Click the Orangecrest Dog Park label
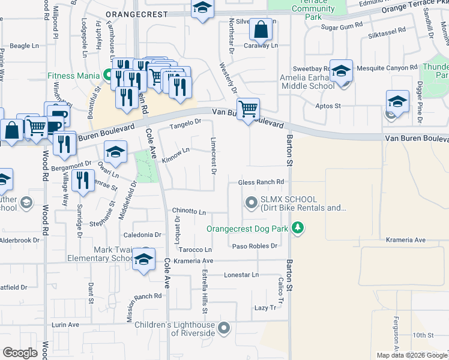(247, 229)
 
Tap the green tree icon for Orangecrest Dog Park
(297, 228)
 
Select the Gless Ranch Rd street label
(261, 182)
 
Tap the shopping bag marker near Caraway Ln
(262, 29)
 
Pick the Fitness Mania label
(74, 76)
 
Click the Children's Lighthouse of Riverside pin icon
(224, 328)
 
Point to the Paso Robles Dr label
(255, 246)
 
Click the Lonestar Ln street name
(241, 275)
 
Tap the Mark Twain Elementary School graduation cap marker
(144, 259)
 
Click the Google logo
(20, 353)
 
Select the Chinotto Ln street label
(189, 212)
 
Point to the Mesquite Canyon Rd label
(387, 68)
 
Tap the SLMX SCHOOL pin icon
(250, 203)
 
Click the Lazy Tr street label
(265, 307)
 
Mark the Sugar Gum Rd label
(342, 27)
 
